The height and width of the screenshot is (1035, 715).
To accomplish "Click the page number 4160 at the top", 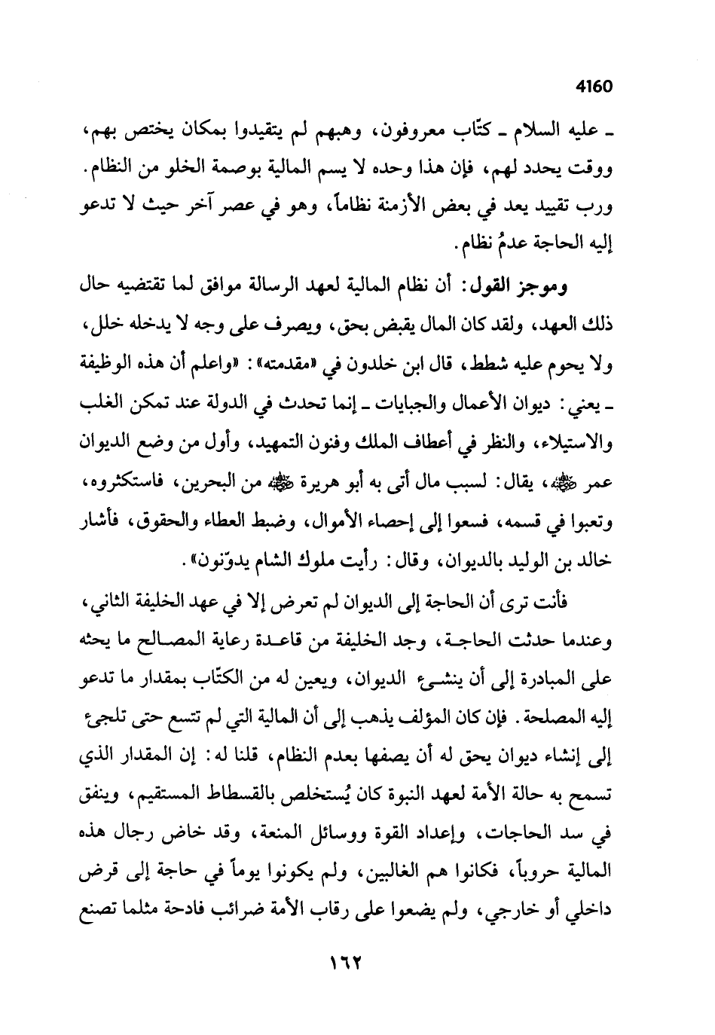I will [x=593, y=86].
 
